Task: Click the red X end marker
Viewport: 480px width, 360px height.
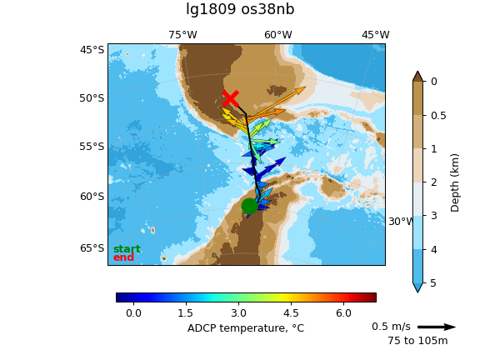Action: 230,98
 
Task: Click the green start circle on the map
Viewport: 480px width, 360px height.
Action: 249,206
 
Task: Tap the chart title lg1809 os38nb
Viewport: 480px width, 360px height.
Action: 240,9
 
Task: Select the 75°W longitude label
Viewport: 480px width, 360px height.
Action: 182,35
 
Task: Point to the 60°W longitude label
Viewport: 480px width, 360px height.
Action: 278,35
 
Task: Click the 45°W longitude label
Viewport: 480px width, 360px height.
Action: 376,35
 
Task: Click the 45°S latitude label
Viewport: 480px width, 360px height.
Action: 92,49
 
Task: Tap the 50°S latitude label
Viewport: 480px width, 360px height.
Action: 92,98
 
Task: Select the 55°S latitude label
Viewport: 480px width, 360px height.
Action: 92,147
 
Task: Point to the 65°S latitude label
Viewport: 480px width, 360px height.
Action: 92,247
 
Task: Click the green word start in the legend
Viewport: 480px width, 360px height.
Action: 127,249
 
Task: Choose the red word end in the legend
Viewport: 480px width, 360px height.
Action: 123,257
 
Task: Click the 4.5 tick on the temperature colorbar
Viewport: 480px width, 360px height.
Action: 291,312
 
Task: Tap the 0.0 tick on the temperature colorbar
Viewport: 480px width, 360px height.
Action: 133,312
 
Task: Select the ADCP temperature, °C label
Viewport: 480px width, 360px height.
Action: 246,328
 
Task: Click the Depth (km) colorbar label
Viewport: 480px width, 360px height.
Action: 455,183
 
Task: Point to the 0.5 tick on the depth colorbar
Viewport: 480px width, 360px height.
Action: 438,115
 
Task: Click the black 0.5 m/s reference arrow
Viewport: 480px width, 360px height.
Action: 436,327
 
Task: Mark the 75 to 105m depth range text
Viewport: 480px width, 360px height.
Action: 417,340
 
